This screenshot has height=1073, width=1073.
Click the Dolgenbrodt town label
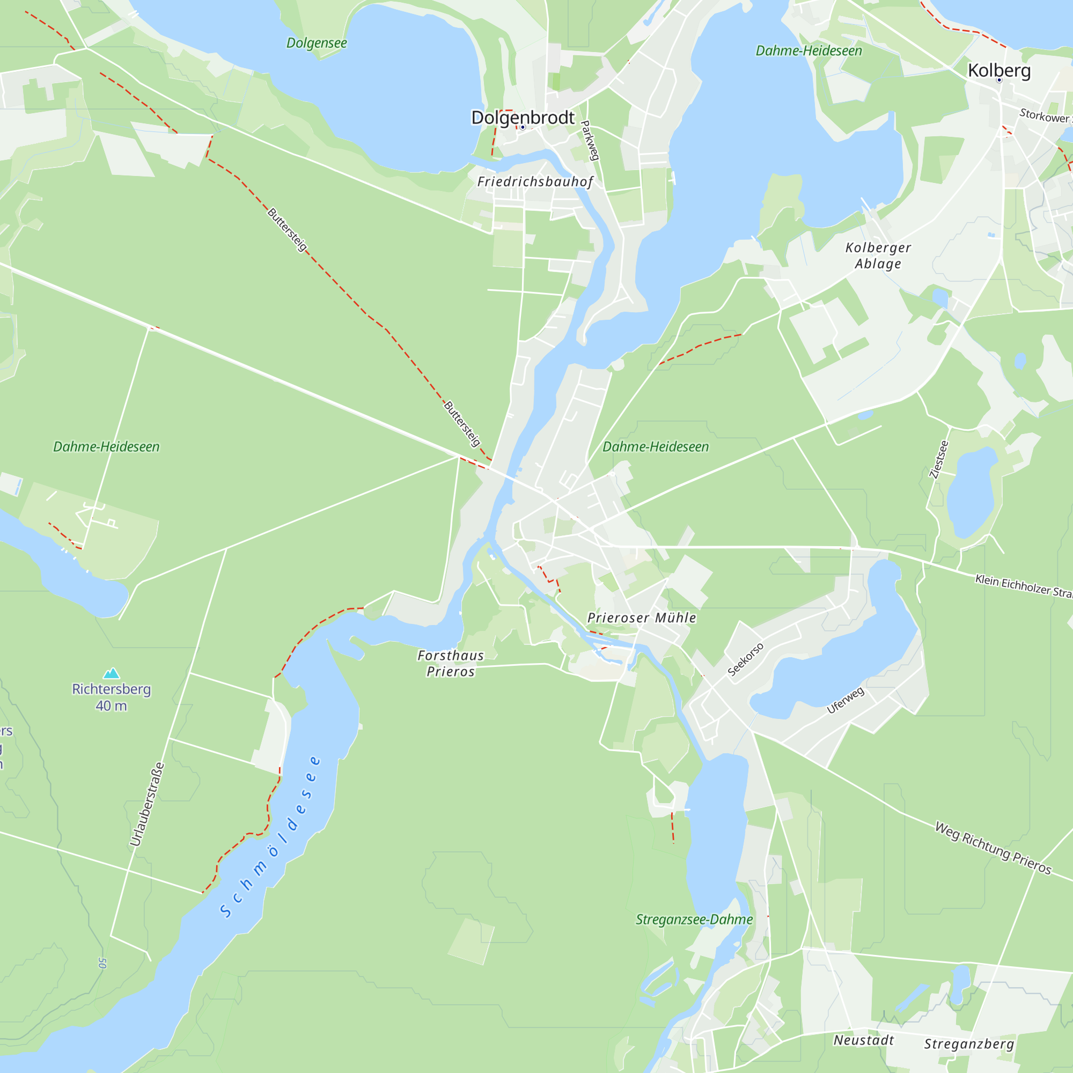tap(523, 117)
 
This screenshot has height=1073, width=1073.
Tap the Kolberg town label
tap(999, 70)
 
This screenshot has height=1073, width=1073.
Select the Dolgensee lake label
tap(317, 43)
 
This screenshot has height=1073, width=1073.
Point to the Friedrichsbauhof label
tap(535, 182)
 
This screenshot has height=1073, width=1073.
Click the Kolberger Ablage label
tap(878, 255)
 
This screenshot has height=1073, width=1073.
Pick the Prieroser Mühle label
tap(642, 618)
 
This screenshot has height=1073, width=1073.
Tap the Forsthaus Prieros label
tap(451, 663)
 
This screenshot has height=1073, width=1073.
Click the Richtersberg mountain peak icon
tap(112, 673)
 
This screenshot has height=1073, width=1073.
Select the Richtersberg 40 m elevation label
tap(112, 697)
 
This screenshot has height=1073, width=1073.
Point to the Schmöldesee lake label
tap(270, 839)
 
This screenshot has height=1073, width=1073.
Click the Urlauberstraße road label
tap(147, 804)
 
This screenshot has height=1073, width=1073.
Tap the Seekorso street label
tap(745, 659)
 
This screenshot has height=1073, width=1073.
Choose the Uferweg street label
tap(846, 700)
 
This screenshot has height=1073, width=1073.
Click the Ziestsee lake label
tap(939, 459)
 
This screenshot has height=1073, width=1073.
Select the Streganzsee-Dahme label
tap(694, 920)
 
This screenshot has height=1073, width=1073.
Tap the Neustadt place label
tap(864, 1040)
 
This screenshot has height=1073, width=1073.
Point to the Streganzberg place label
tap(969, 1044)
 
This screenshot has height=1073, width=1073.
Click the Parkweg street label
tap(590, 141)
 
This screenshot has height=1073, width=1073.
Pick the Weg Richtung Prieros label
tap(993, 848)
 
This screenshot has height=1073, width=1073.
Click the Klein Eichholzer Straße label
tap(1023, 586)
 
